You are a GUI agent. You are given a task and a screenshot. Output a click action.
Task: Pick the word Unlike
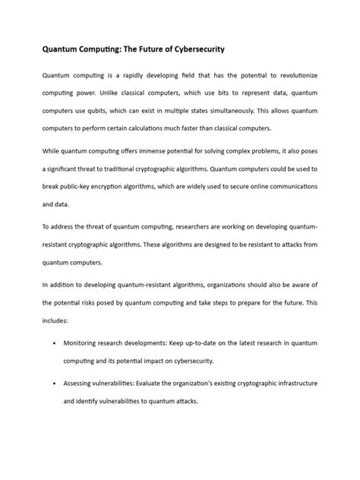point(102,95)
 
